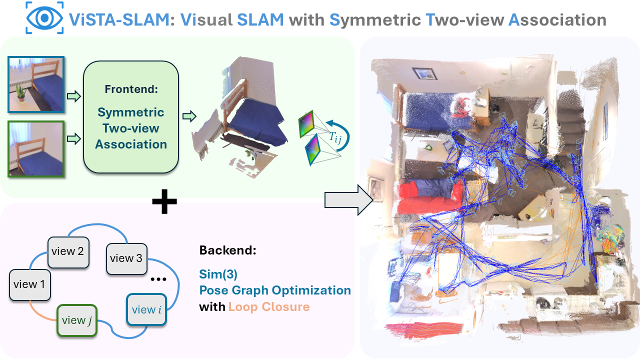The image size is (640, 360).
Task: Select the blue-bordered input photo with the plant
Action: [x=36, y=84]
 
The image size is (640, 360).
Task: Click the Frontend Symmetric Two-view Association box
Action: [x=131, y=116]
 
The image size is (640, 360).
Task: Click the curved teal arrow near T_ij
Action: [x=345, y=131]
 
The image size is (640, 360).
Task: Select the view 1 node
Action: [x=30, y=285]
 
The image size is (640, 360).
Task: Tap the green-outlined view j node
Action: [x=76, y=320]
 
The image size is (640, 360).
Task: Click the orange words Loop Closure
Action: [x=269, y=306]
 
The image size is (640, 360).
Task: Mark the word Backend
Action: [x=227, y=250]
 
